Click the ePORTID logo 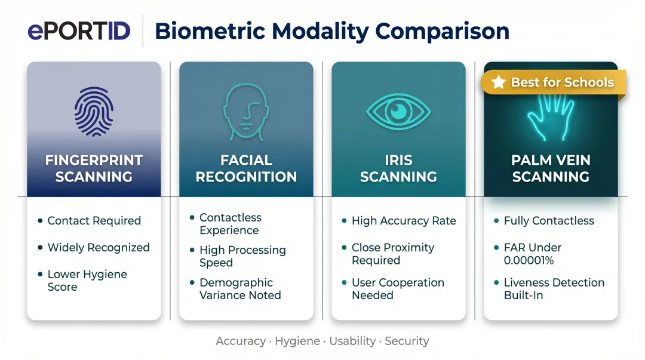coord(79,30)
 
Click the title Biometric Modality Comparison coord(331,30)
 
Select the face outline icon coord(245,108)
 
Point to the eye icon coord(398,110)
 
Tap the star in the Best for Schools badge coord(499,82)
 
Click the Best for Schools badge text coord(562,82)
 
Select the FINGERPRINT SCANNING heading coord(94,168)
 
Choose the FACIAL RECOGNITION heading coord(246,168)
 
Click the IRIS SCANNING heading coord(398,168)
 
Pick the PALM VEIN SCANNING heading coord(551,168)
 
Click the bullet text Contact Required coord(94,221)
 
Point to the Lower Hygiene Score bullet coord(87,281)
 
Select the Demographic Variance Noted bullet coord(240,289)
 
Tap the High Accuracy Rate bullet coord(404,221)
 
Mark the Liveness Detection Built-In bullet coord(554,289)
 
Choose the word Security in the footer coord(407,341)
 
